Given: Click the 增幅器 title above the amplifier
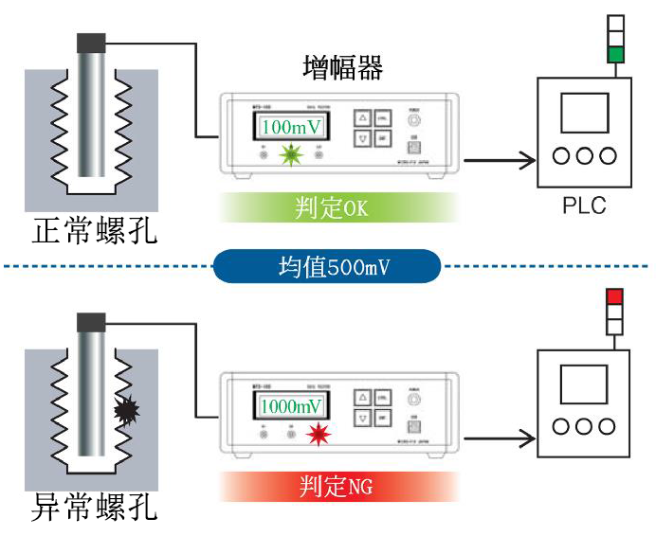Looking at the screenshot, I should [342, 68].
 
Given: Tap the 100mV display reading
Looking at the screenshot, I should [292, 127].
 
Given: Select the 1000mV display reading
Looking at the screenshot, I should [291, 407].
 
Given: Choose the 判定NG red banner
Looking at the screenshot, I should [338, 487].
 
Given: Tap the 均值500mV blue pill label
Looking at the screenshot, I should [328, 267].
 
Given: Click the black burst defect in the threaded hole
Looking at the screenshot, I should [127, 410].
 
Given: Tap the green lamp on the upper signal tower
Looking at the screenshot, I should [615, 55].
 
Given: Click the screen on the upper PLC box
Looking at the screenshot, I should [584, 113].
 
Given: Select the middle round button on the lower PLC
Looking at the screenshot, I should [584, 428].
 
